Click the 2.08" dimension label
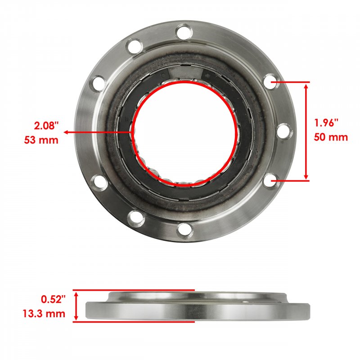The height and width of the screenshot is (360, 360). coord(46,126)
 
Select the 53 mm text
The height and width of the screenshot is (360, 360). coord(41,140)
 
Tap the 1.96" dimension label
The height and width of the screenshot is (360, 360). coord(326,123)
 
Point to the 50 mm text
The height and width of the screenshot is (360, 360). coord(331,137)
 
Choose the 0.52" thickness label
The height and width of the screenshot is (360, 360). coord(53,299)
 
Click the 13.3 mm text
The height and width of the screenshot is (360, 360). coord(44,313)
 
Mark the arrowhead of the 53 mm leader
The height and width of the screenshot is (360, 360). coord(66,132)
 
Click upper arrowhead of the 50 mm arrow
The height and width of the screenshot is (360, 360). coord(306,86)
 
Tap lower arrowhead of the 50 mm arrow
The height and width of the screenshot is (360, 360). coord(306,176)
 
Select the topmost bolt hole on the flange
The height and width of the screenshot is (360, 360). coord(184,32)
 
